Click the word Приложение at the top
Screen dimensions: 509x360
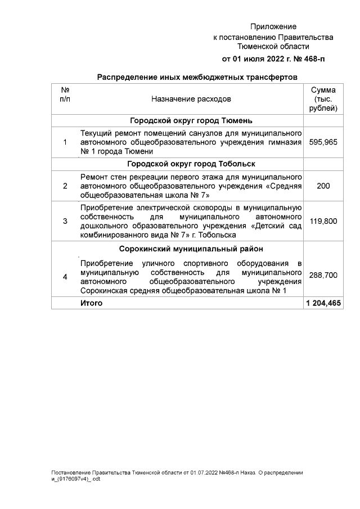click(273, 26)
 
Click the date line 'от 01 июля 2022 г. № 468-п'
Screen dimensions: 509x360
click(273, 58)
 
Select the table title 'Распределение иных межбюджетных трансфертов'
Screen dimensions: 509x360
click(197, 77)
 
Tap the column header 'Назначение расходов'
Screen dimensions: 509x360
click(191, 99)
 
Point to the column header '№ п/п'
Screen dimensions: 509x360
click(65, 94)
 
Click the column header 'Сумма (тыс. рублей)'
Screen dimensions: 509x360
click(323, 99)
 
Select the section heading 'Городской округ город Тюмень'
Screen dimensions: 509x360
click(191, 121)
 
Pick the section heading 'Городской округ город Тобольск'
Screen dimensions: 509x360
click(191, 164)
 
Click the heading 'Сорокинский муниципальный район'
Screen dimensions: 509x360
click(191, 249)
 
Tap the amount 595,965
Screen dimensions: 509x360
click(323, 142)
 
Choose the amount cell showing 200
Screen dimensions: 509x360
click(323, 186)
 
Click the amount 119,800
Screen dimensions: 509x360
click(323, 221)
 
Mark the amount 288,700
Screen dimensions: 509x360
click(323, 276)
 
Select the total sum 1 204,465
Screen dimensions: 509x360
click(323, 303)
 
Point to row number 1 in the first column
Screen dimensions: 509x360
click(65, 142)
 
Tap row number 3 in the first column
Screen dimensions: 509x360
click(65, 221)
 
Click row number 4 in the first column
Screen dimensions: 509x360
click(65, 276)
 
